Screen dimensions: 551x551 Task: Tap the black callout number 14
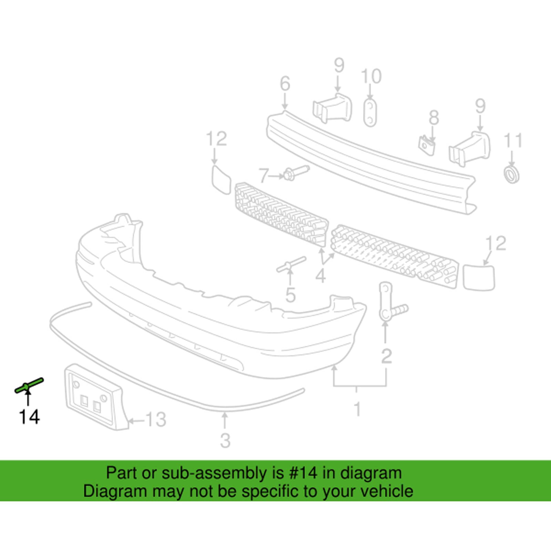point(30,417)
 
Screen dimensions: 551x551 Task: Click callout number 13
point(156,419)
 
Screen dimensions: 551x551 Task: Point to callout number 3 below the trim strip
point(225,440)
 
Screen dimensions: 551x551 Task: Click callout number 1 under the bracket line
point(358,409)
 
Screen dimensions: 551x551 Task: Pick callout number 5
point(290,295)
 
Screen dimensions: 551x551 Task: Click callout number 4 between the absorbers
point(320,275)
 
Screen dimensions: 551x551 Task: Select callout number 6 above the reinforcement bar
point(285,84)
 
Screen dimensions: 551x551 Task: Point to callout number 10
point(371,76)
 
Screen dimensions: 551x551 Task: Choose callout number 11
point(513,141)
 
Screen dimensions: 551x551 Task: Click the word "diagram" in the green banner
point(371,474)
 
